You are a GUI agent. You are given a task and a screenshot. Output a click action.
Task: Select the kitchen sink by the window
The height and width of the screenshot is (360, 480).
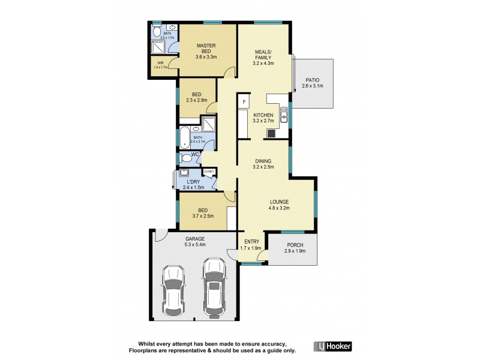pyautogui.click(x=283, y=112)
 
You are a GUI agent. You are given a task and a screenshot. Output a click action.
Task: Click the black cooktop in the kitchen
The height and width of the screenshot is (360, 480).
pyautogui.click(x=271, y=133)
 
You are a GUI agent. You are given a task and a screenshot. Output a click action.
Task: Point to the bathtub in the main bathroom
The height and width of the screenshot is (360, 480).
pyautogui.click(x=184, y=137)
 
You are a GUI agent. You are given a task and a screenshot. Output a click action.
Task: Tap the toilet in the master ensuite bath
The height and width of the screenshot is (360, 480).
pyautogui.click(x=156, y=31)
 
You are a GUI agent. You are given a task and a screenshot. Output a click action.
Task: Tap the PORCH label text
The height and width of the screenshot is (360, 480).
pyautogui.click(x=294, y=245)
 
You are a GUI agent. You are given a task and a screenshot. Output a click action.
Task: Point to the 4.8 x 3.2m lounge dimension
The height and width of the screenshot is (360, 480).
pyautogui.click(x=279, y=208)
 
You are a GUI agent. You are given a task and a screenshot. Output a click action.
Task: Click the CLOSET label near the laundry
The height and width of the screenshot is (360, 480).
pyautogui.click(x=209, y=172)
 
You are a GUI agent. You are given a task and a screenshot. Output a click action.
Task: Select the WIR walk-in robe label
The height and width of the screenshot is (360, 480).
pyautogui.click(x=161, y=62)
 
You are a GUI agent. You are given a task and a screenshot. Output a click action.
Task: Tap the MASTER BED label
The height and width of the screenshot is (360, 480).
pyautogui.click(x=206, y=49)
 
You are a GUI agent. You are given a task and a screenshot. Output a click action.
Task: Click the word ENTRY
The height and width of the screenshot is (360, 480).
pyautogui.click(x=251, y=241)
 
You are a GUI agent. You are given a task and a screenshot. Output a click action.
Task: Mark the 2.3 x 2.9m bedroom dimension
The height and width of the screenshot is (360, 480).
pyautogui.click(x=196, y=101)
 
